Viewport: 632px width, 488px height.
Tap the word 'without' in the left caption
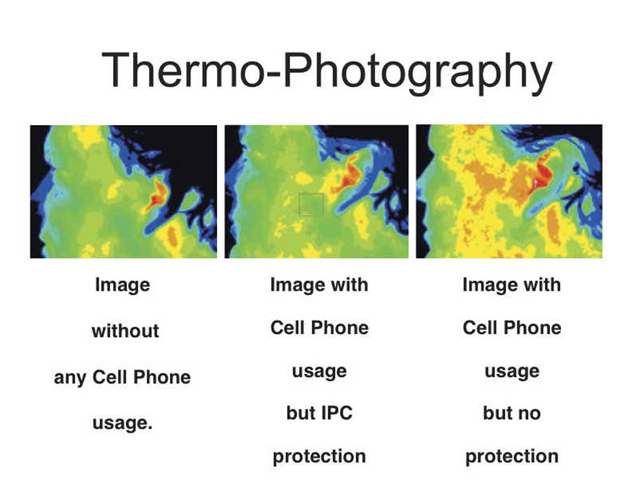point(126,331)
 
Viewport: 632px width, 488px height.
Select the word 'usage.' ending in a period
point(122,423)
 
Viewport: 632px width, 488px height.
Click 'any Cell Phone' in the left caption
point(122,378)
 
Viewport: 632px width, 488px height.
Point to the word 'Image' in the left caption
point(122,285)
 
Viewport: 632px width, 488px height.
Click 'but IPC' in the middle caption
point(320,413)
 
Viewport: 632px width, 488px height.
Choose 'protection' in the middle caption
point(320,457)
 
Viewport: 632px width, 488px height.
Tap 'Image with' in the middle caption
point(320,285)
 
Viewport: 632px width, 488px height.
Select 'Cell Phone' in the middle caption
point(320,328)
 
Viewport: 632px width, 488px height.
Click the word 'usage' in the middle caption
point(320,371)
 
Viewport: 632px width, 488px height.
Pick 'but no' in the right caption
point(512,413)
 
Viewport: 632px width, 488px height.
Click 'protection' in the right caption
point(512,457)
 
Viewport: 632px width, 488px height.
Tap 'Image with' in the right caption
point(512,285)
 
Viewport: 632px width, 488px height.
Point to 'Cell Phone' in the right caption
point(512,328)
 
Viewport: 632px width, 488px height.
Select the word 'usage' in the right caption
point(512,371)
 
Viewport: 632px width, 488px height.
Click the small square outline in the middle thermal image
point(311,193)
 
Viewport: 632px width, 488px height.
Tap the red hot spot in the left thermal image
point(157,196)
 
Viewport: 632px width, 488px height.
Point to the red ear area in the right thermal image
point(541,174)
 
